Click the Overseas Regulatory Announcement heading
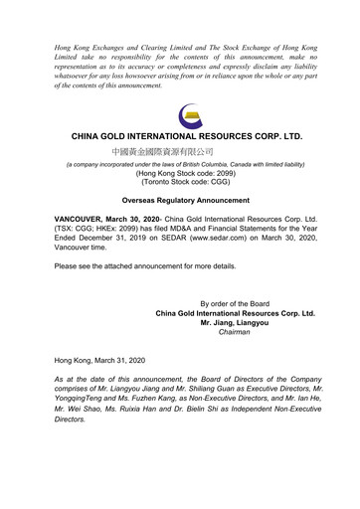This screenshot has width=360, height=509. [x=180, y=201]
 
